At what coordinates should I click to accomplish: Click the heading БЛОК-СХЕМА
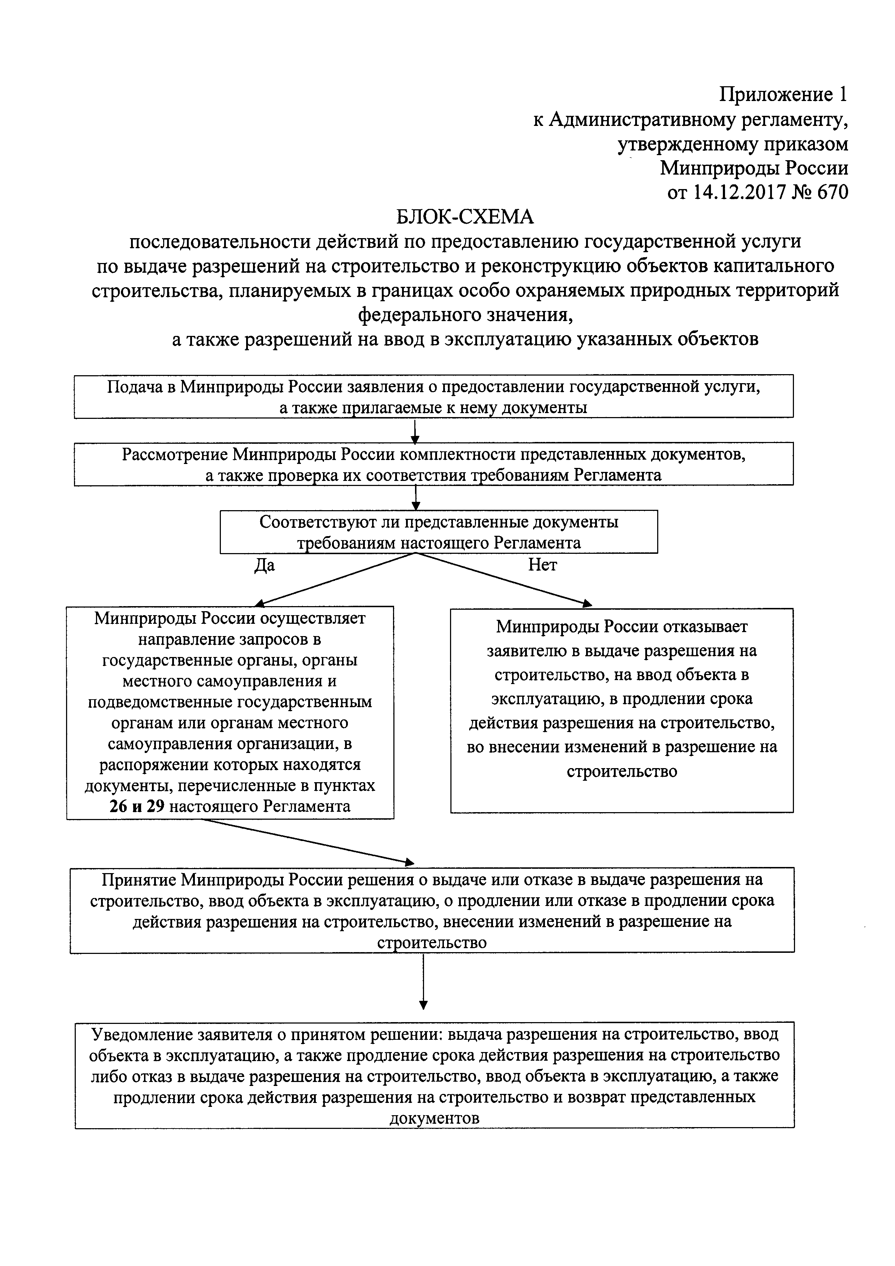click(465, 217)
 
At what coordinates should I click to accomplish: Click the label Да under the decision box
click(265, 565)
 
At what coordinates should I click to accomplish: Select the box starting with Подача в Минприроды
click(433, 397)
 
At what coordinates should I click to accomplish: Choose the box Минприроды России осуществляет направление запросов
click(230, 711)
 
